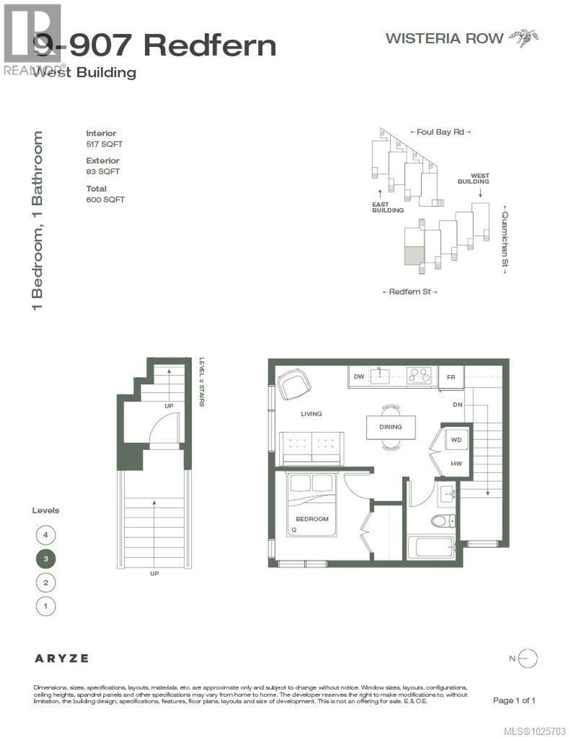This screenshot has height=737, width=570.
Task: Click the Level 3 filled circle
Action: point(46,559)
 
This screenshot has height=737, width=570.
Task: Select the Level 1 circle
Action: point(46,606)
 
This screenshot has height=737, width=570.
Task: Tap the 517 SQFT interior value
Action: point(104,144)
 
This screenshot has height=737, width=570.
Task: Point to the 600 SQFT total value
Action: point(105,200)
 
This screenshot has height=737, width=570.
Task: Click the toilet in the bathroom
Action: point(443,521)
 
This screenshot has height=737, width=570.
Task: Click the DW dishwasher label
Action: point(359,377)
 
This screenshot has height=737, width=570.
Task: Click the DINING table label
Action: point(391,427)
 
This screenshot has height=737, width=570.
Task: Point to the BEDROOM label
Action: point(312,519)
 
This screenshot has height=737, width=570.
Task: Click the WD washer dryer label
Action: point(456,440)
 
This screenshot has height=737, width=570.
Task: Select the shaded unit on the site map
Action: point(414,256)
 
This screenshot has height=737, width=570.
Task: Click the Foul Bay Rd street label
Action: point(440,132)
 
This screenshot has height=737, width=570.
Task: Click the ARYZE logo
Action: point(61,658)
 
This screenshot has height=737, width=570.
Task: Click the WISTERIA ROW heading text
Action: point(444,39)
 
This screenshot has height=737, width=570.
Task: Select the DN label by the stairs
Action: point(457,405)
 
